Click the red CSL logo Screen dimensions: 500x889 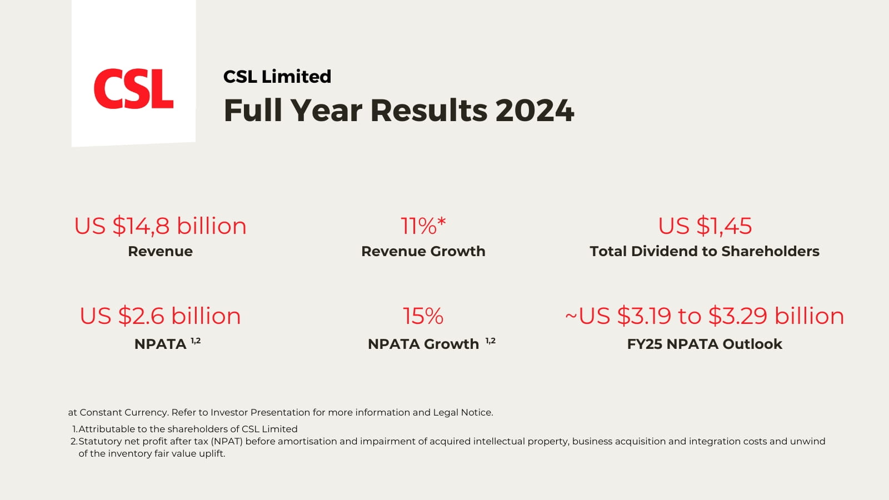tap(133, 89)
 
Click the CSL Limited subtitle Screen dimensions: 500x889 tap(277, 76)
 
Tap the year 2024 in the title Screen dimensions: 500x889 tap(535, 111)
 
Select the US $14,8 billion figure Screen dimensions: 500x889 tap(160, 226)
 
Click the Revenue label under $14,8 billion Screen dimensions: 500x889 tap(160, 251)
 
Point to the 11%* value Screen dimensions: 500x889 tap(423, 226)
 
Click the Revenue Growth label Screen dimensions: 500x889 tap(423, 251)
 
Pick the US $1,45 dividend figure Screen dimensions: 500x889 tap(705, 226)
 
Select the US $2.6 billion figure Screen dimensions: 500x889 tap(160, 316)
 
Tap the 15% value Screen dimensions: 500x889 tap(423, 316)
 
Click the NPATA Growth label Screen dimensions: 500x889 tap(423, 344)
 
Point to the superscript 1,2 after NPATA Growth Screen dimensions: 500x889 tap(490, 341)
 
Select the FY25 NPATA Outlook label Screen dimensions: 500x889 tap(705, 344)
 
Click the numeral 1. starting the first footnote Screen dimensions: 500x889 tap(75, 429)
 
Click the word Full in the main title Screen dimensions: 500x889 tap(253, 111)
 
